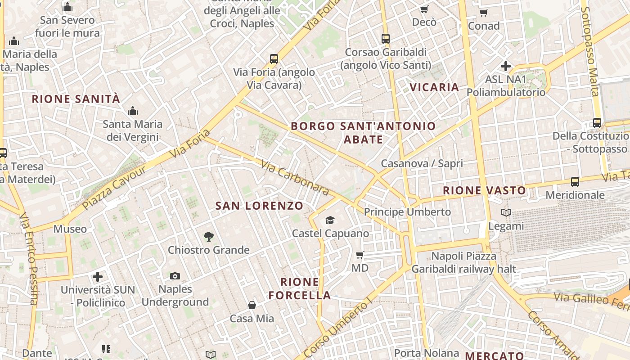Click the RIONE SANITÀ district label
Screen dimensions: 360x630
76,99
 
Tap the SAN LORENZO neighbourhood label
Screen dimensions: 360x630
259,206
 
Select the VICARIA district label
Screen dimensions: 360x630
434,87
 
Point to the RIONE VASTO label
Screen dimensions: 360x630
484,190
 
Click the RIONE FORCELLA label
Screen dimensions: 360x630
306,289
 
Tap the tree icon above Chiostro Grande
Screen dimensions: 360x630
208,236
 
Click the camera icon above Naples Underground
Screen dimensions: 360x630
175,276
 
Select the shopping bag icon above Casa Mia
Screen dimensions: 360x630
252,305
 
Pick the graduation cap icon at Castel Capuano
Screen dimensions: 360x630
330,220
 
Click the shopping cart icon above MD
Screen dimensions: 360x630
360,255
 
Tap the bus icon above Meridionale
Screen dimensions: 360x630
575,182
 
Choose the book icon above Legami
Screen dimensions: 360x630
506,212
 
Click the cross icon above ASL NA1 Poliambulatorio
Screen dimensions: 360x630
506,66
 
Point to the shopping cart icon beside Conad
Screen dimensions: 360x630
484,13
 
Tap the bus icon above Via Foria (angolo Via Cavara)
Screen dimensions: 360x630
274,58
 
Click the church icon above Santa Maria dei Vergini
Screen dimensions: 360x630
132,111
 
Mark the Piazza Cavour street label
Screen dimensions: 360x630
114,188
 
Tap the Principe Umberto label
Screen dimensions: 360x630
407,211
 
